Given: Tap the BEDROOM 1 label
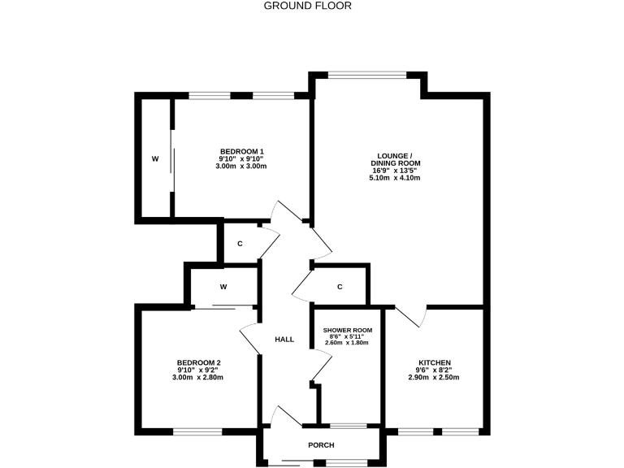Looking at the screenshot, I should pos(241,151).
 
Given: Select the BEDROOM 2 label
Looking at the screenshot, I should pos(199,362).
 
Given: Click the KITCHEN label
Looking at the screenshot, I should pos(435,362).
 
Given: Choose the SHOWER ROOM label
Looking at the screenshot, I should pos(347,330).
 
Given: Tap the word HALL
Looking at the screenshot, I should pos(284,340).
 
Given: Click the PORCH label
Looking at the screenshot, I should pos(321,445).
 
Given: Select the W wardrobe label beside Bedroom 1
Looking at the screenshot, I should pos(154,158).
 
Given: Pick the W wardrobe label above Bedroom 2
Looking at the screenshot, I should pos(223,286).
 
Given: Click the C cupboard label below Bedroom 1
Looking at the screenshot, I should pos(240,244).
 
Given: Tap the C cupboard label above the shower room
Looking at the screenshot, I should pos(340,286).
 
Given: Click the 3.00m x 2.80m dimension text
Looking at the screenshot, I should pos(199,378).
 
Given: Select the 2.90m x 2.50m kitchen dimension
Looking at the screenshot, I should pos(435,378).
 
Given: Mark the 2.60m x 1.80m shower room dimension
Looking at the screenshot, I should pos(347,343).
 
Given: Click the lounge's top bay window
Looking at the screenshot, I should pos(368,76).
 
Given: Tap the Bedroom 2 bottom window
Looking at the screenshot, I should pos(197,431).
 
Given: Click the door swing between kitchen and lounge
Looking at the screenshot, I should pos(410,316).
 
